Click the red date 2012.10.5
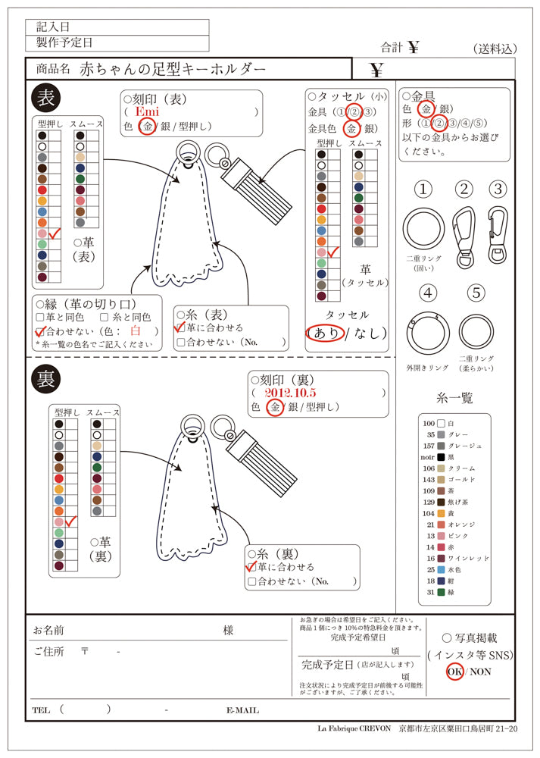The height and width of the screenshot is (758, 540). point(290,393)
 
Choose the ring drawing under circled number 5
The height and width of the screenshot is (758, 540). point(475,331)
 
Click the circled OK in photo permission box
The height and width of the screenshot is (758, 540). point(454,671)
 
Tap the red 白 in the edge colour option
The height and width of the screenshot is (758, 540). point(136,331)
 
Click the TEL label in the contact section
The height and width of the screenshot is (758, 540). point(42,710)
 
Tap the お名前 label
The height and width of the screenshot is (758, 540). point(48,630)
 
